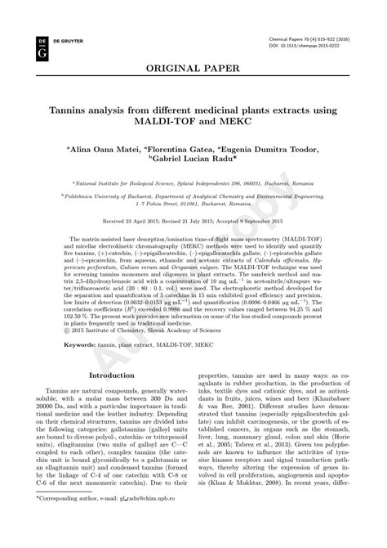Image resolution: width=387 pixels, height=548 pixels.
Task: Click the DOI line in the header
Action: click(305, 46)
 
